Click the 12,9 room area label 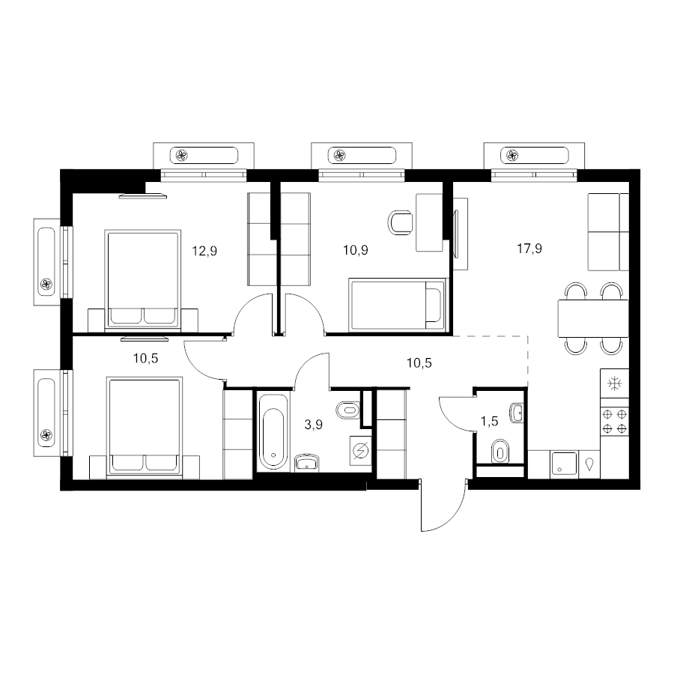click(204, 251)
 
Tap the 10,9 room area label click(356, 249)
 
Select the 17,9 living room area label click(529, 249)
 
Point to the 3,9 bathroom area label click(313, 425)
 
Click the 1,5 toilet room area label click(489, 421)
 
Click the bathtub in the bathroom click(273, 431)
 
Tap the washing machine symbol click(360, 451)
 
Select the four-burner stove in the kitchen click(614, 421)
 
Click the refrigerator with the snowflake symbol click(614, 383)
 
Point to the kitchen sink click(564, 464)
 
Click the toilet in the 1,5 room click(500, 452)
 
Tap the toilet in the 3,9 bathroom click(348, 410)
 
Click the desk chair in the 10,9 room click(401, 222)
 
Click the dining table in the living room click(593, 318)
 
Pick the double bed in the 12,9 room click(142, 281)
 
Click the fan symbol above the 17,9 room click(512, 155)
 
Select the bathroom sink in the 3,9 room click(307, 463)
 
